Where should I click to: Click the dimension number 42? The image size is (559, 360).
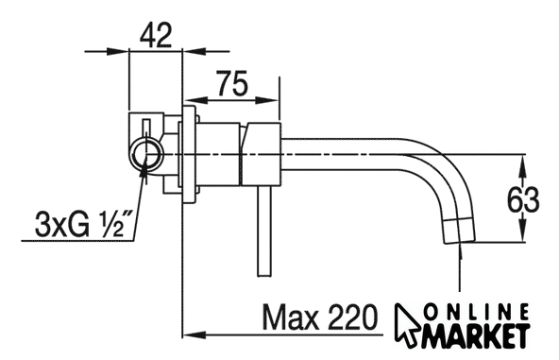(x=156, y=35)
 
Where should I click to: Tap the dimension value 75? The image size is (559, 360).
(x=232, y=83)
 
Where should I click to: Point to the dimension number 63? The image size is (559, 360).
(x=523, y=200)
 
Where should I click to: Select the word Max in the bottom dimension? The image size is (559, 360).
(x=291, y=317)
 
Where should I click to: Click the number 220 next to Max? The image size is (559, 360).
(x=352, y=317)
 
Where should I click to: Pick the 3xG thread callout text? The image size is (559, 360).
(x=62, y=225)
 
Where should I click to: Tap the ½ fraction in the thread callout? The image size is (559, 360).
(x=110, y=224)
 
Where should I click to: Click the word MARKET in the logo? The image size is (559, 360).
(x=476, y=336)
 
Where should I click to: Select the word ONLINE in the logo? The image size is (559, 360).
(x=478, y=312)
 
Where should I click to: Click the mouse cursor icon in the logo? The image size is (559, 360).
(x=409, y=325)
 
